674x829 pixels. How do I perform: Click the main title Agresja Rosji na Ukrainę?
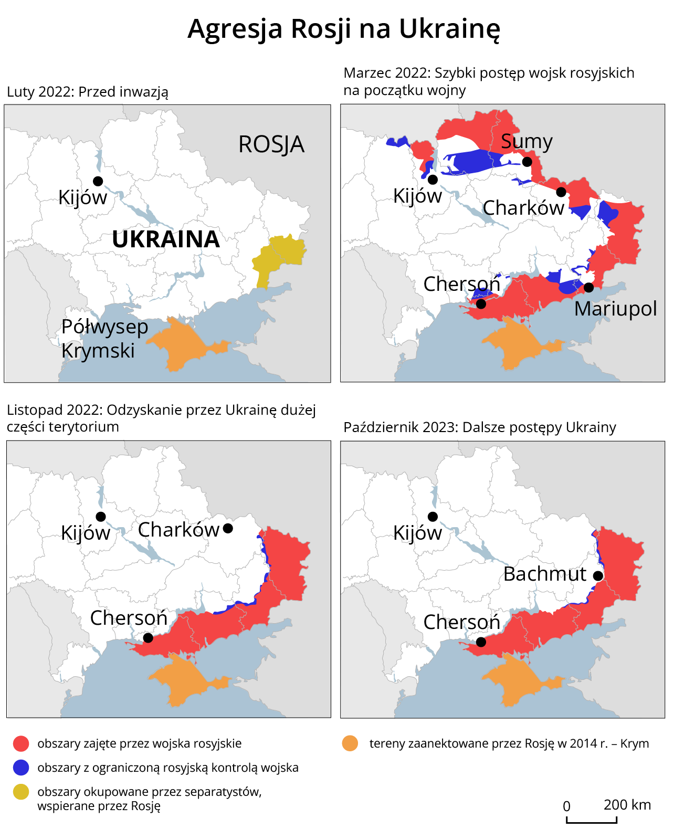point(344,29)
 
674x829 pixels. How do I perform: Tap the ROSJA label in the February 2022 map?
point(271,145)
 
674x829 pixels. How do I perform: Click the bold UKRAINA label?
point(166,239)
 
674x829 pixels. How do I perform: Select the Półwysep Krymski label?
point(104,339)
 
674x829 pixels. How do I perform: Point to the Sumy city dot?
point(527,162)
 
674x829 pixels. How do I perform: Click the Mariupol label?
point(615,309)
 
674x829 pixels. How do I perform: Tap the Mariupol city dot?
point(588,287)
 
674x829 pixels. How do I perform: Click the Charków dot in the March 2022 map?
point(561,192)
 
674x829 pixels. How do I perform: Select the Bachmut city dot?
point(598,575)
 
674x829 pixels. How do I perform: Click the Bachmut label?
point(544,574)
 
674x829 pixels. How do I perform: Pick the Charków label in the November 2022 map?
point(178,530)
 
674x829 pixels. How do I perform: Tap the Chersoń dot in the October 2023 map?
point(481,642)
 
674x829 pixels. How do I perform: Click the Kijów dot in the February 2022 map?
point(98,181)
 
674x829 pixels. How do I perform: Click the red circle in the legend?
point(21,743)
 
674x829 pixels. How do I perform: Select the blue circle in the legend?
point(21,768)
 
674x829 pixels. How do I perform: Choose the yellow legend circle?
point(21,792)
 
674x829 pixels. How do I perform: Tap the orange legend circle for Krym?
point(350,743)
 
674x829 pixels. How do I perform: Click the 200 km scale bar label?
point(627,805)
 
